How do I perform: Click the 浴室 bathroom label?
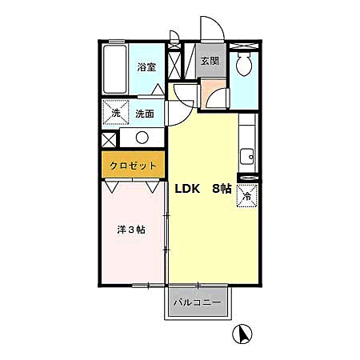(146, 67)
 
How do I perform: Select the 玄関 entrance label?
(210, 61)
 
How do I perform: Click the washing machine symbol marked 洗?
(116, 113)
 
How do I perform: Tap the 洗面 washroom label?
(145, 114)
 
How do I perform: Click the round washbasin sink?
(142, 138)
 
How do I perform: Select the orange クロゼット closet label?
(133, 166)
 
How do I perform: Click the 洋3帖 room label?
(130, 230)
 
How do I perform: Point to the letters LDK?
(187, 190)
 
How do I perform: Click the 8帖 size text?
(222, 190)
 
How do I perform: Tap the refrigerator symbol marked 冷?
(246, 195)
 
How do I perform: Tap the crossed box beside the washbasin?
(110, 138)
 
